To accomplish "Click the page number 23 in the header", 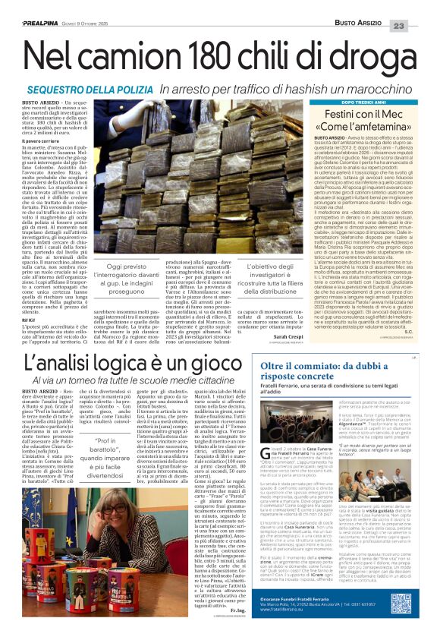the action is click(421, 6).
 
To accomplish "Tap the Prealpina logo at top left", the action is click(27, 5).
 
